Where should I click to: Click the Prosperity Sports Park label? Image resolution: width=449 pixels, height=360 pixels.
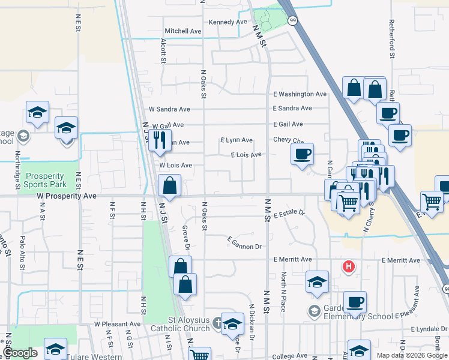pos(45,181)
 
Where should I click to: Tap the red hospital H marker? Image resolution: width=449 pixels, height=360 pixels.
pos(348,266)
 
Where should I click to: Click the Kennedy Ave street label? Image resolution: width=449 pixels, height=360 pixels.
pos(228,22)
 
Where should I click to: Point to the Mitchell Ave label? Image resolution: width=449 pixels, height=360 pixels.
pos(183,31)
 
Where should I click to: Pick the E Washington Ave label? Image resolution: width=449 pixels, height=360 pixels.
pos(300,94)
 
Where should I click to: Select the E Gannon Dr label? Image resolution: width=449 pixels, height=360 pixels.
pos(245,243)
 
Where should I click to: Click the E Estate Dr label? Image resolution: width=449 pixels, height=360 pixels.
pos(289,214)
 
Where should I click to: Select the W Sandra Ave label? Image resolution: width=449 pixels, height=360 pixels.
pos(169,110)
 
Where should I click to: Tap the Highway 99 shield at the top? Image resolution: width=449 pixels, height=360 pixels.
pos(292,20)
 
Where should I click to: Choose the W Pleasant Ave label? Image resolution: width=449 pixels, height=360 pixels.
pos(117,324)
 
